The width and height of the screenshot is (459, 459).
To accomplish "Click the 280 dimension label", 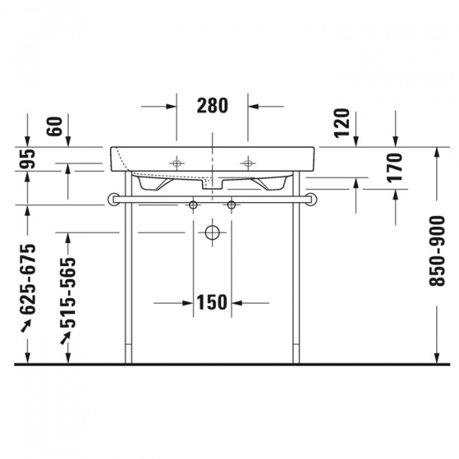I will [x=213, y=106].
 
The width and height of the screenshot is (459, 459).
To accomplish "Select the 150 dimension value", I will [x=212, y=302].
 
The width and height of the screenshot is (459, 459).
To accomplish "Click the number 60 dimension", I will [x=54, y=125].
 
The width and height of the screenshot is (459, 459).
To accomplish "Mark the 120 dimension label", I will [x=342, y=123].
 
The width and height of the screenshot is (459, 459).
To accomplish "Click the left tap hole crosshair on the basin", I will [x=177, y=163].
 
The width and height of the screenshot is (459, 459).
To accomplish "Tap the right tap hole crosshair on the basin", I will [x=248, y=163].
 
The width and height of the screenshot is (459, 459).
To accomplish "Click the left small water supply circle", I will [x=194, y=205].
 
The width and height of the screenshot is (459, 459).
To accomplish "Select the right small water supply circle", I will [x=232, y=205].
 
